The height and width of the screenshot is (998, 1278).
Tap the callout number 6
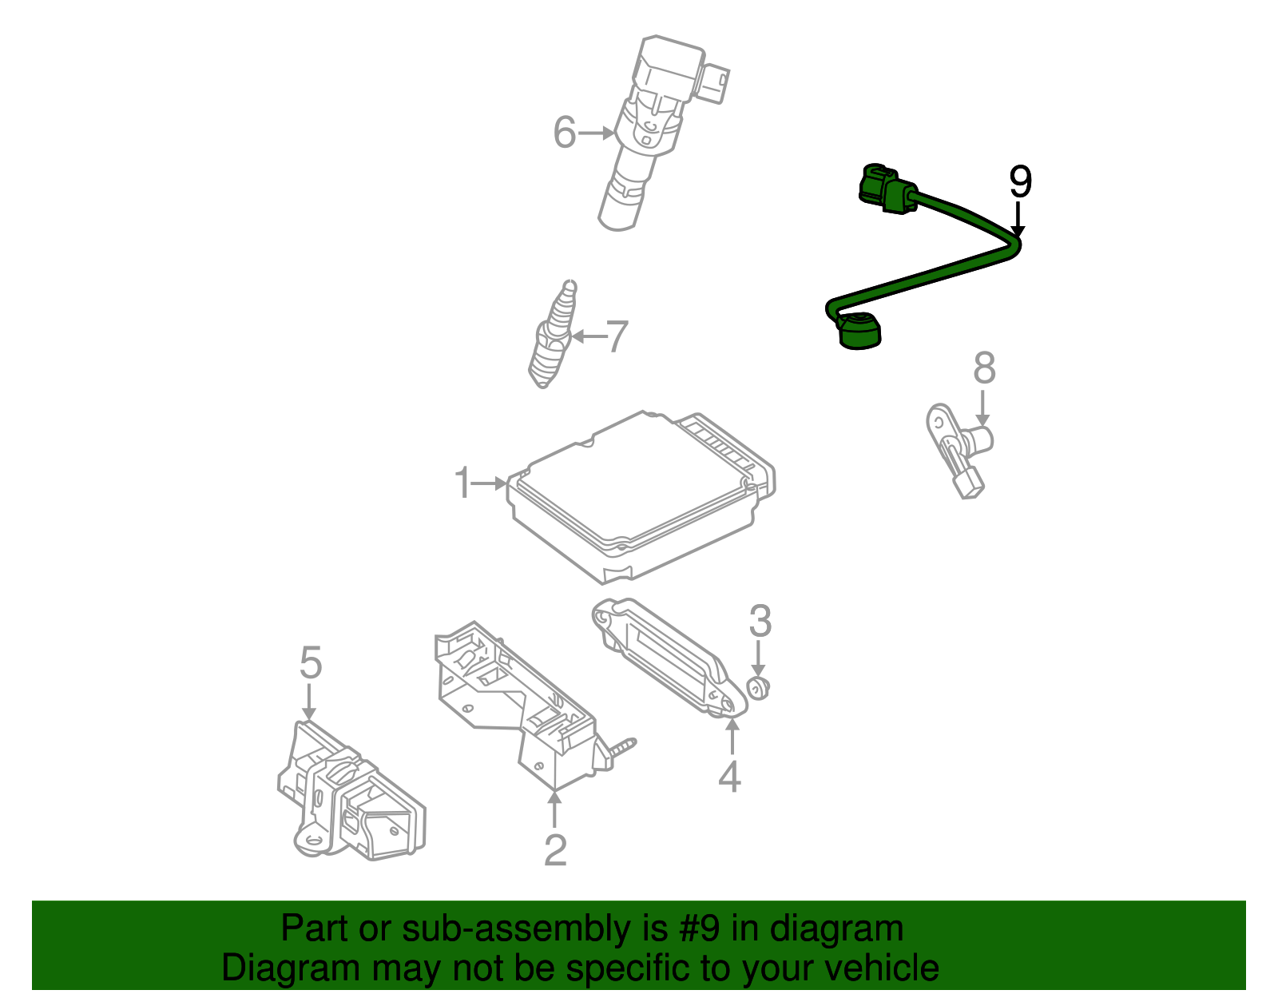[x=564, y=133]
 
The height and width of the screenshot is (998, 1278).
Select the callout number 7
[x=617, y=336]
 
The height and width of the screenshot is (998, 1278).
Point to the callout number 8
[x=984, y=368]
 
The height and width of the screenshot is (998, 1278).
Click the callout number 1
[x=462, y=483]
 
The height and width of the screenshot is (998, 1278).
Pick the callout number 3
[x=760, y=621]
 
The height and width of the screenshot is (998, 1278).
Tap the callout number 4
[x=729, y=777]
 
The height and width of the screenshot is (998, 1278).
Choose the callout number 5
[x=310, y=663]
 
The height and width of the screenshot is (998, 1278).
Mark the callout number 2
[x=555, y=850]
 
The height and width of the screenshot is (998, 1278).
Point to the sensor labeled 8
[x=958, y=447]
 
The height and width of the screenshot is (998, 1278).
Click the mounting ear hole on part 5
[x=312, y=840]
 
